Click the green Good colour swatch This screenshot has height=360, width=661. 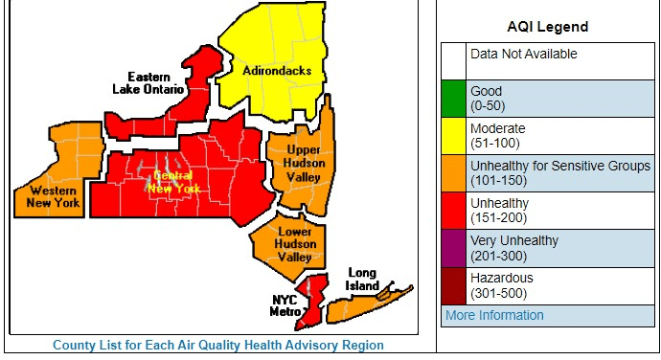(x=454, y=99)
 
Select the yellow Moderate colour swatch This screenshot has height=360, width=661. (x=454, y=136)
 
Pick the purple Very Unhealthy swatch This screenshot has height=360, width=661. (x=454, y=248)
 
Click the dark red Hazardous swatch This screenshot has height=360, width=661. (x=454, y=285)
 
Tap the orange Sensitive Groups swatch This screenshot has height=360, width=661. (x=454, y=173)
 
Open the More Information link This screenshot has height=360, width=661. (x=494, y=315)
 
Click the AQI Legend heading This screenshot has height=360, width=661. (x=548, y=27)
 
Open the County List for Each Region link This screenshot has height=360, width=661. (x=218, y=345)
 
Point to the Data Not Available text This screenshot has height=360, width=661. (x=523, y=55)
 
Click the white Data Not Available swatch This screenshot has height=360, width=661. (x=454, y=61)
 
